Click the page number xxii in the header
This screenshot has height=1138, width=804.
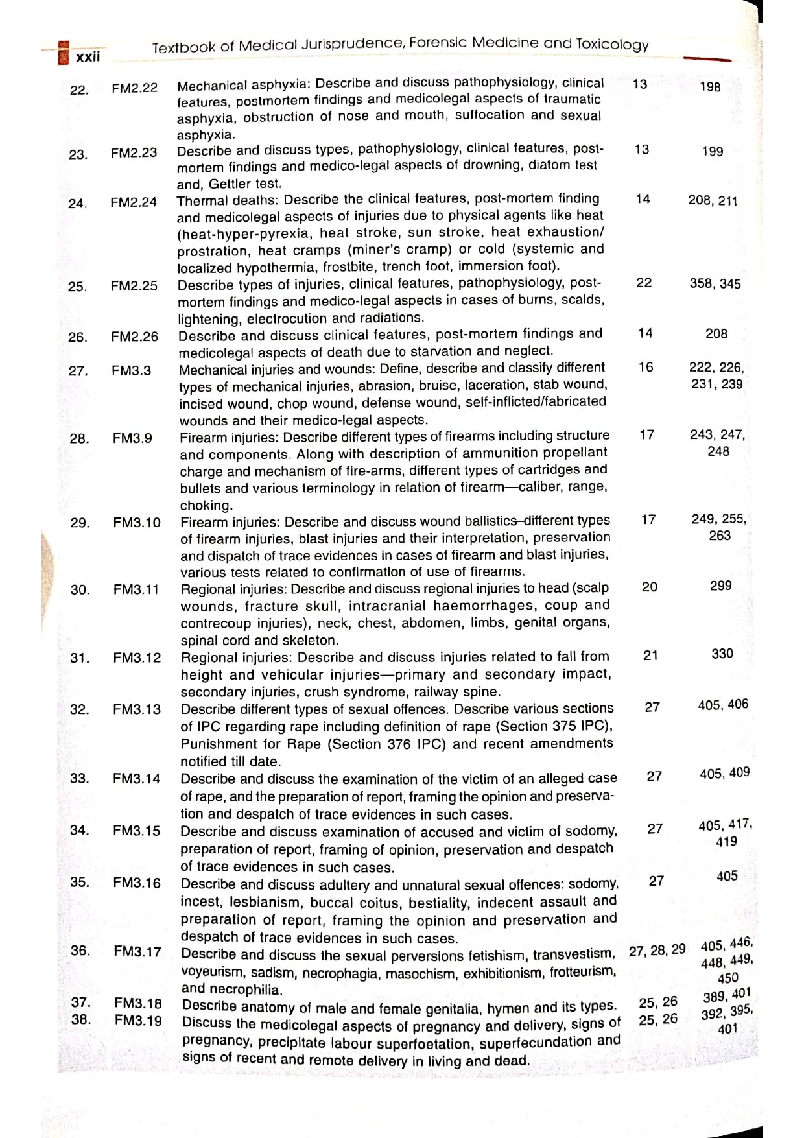point(88,56)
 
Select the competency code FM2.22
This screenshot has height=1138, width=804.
point(134,88)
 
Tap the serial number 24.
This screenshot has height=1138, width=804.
point(78,204)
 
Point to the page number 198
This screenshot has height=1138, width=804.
point(710,86)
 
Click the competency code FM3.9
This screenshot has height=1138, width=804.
point(132,438)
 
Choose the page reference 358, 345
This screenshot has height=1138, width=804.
point(715,283)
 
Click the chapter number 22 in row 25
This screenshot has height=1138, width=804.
point(644,283)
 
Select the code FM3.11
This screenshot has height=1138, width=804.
point(136,589)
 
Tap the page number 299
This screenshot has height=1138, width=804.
point(720,586)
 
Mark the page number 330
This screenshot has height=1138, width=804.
point(722,654)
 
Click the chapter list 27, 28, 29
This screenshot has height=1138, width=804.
point(657,951)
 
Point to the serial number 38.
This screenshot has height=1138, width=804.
point(81,1019)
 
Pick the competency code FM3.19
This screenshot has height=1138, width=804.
point(138,1020)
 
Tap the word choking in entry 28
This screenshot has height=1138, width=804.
point(206,505)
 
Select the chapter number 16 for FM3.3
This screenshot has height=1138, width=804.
point(645,367)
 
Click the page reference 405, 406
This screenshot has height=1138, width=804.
point(723,704)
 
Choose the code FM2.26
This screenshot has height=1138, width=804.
point(134,337)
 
